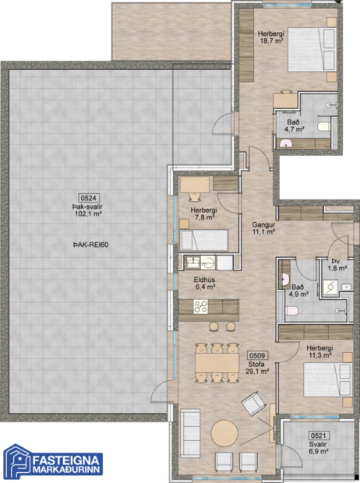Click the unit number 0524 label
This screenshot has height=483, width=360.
(x=89, y=198)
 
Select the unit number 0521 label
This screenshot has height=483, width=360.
(x=317, y=435)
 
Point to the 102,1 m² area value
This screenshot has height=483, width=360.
(x=89, y=213)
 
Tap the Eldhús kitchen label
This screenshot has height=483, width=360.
(x=205, y=278)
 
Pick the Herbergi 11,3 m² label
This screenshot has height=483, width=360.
(x=319, y=351)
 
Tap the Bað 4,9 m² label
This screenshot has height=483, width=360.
(x=299, y=291)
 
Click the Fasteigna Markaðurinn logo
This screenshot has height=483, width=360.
(x=51, y=460)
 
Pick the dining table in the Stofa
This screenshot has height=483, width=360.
(x=216, y=363)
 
